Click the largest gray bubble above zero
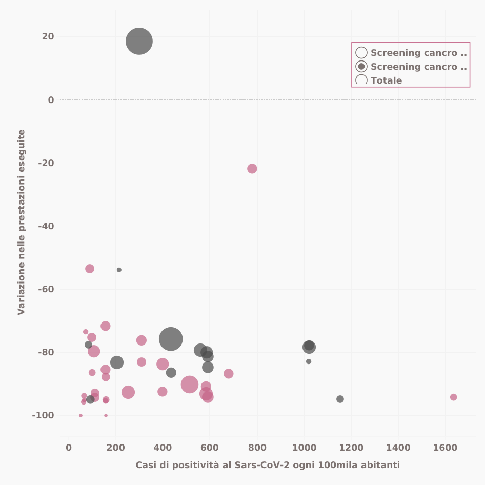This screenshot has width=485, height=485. pyautogui.click(x=139, y=42)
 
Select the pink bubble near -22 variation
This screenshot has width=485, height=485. pyautogui.click(x=252, y=169)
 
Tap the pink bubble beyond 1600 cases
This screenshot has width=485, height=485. pyautogui.click(x=453, y=397)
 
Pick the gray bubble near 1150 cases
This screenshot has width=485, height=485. pyautogui.click(x=340, y=399)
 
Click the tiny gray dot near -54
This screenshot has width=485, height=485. pyautogui.click(x=119, y=270)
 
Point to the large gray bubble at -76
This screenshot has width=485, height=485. pyautogui.click(x=171, y=339)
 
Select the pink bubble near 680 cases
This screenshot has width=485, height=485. pyautogui.click(x=228, y=374)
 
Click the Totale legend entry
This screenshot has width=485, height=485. pyautogui.click(x=386, y=80)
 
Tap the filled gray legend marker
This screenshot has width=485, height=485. pyautogui.click(x=361, y=66)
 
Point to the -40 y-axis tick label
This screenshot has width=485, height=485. pyautogui.click(x=46, y=226)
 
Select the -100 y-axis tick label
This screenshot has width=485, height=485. pyautogui.click(x=43, y=415)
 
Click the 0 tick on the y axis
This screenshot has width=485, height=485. pyautogui.click(x=51, y=99)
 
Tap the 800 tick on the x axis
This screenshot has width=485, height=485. pyautogui.click(x=257, y=448)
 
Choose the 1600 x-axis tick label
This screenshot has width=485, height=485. pyautogui.click(x=445, y=448)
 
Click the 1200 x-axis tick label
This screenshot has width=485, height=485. pyautogui.click(x=351, y=448)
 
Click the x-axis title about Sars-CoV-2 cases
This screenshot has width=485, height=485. pyautogui.click(x=268, y=465)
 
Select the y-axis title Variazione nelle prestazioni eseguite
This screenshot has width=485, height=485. pyautogui.click(x=22, y=222)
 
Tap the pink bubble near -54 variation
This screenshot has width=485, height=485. pyautogui.click(x=90, y=269)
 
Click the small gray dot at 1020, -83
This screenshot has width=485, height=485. pyautogui.click(x=309, y=361)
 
